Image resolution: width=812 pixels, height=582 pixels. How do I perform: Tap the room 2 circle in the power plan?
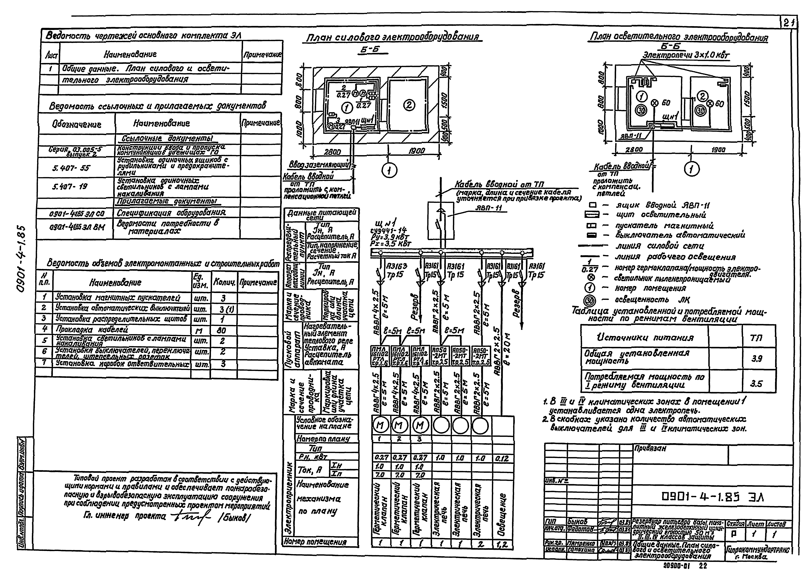409,105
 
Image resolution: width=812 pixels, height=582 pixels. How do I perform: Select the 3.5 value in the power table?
756,384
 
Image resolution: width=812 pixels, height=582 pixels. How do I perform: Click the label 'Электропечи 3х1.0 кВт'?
686,55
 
